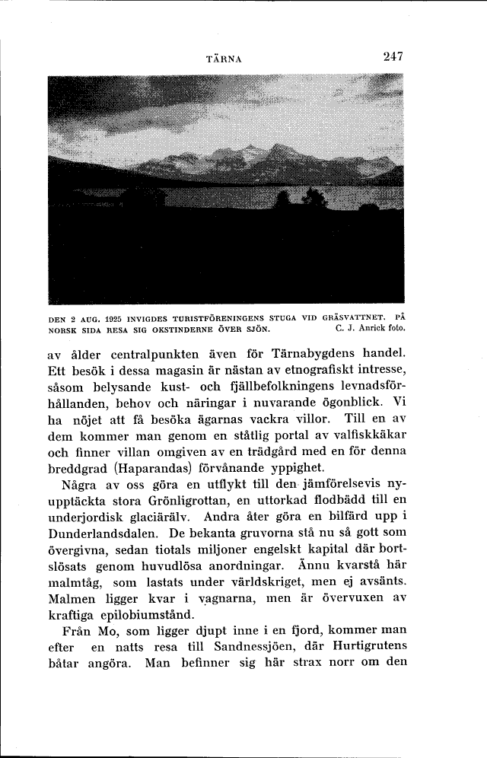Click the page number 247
(x=393, y=56)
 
